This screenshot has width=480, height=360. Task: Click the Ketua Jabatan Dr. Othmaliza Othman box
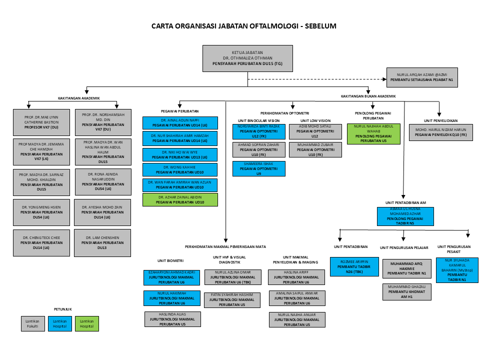pyautogui.click(x=247, y=58)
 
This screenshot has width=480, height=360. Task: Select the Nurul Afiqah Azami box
pyautogui.click(x=421, y=77)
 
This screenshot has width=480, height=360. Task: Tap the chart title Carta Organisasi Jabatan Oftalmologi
pyautogui.click(x=244, y=26)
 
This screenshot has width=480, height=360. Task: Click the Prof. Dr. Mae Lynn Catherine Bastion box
pyautogui.click(x=41, y=121)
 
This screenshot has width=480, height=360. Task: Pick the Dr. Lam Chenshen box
pyautogui.click(x=102, y=242)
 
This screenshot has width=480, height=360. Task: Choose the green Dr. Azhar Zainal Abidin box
pyautogui.click(x=180, y=200)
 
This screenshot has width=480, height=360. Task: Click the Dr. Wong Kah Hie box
pyautogui.click(x=180, y=169)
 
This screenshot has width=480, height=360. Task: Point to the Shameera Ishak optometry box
pyautogui.click(x=259, y=168)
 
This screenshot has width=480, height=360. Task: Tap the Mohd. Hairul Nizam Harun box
pyautogui.click(x=440, y=133)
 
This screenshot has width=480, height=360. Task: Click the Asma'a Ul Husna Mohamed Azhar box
pyautogui.click(x=405, y=216)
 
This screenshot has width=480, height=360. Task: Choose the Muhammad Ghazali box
pyautogui.click(x=406, y=291)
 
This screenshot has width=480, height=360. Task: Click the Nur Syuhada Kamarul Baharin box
pyautogui.click(x=457, y=270)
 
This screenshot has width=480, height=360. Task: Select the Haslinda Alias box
pyautogui.click(x=172, y=319)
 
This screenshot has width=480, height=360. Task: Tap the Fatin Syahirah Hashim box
pyautogui.click(x=232, y=299)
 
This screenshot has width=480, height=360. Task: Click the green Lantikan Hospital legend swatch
pyautogui.click(x=87, y=323)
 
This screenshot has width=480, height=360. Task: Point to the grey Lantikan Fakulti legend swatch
pyautogui.click(x=32, y=323)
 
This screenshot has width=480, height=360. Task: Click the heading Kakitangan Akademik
pyautogui.click(x=79, y=98)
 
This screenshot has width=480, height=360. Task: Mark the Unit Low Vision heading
pyautogui.click(x=315, y=120)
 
